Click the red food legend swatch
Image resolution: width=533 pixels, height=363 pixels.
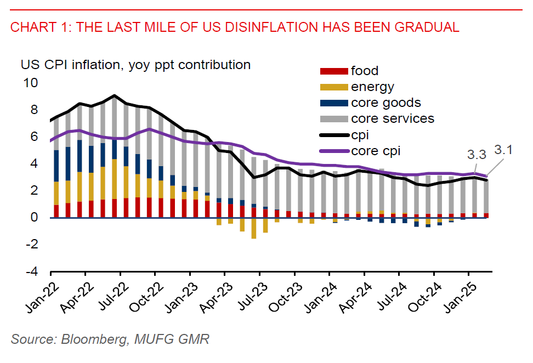(333, 71)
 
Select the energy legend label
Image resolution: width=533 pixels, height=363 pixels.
(372, 87)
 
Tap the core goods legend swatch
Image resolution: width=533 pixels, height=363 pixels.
(333, 103)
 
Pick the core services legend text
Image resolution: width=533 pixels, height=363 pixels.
(392, 118)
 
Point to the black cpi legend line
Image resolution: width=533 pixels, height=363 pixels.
(333, 135)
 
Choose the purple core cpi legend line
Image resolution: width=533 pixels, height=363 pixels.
(333, 151)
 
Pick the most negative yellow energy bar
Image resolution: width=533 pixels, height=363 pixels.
(254, 228)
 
